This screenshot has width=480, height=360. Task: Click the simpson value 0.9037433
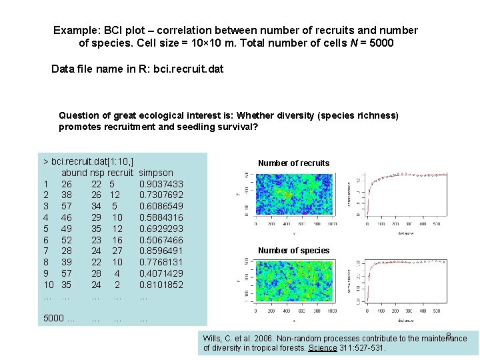click(x=161, y=184)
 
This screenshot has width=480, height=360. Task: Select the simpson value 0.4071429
click(x=161, y=273)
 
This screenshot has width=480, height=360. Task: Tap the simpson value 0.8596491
click(x=161, y=251)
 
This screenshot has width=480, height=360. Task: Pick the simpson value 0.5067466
click(x=161, y=240)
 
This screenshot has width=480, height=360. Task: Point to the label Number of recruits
click(x=293, y=163)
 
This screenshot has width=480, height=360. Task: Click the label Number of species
click(x=293, y=251)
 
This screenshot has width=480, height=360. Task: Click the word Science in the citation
click(x=323, y=348)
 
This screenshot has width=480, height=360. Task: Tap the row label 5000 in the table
click(x=54, y=319)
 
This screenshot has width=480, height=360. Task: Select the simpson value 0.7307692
click(x=161, y=195)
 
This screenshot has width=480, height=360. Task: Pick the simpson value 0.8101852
click(x=161, y=285)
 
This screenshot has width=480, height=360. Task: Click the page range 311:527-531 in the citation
click(x=364, y=348)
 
